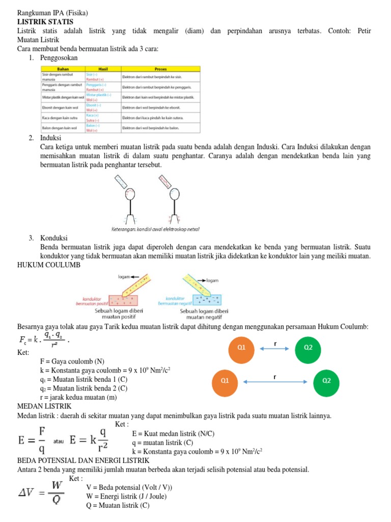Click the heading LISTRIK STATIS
45,22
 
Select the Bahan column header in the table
63,69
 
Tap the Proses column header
160,69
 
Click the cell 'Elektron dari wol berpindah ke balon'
151,127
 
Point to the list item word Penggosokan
59,58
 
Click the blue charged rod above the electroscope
122,182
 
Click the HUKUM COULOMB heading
48,266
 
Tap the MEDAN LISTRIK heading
44,406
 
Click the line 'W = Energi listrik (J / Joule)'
126,496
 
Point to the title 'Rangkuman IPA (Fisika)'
52,13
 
